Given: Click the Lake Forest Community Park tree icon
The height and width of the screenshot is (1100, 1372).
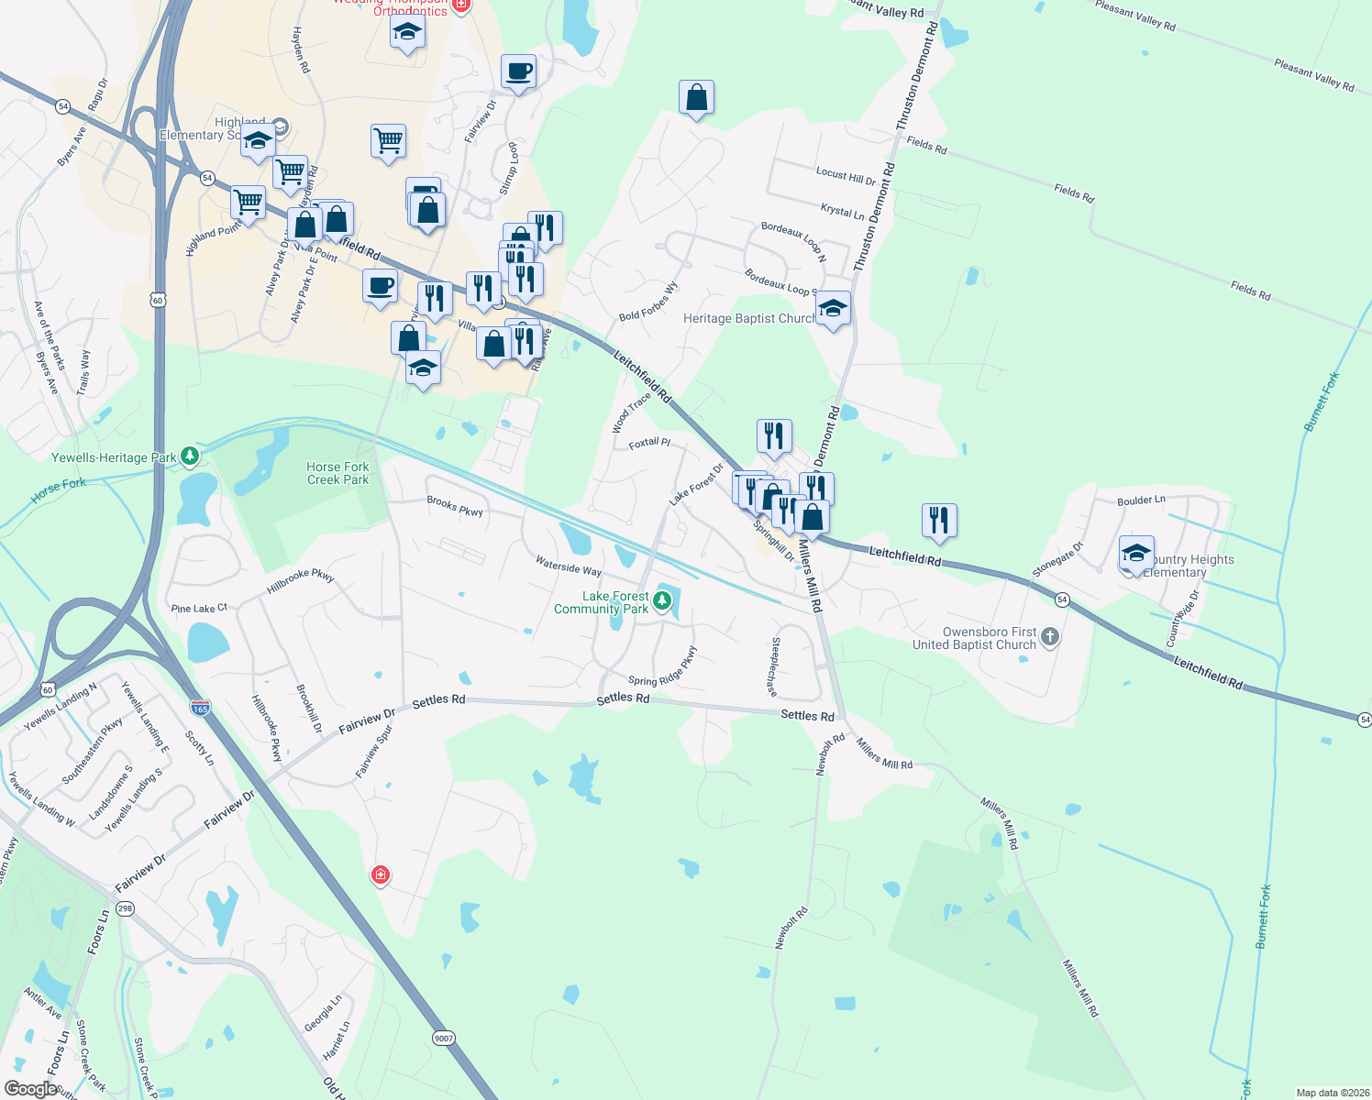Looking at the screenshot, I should [662, 601].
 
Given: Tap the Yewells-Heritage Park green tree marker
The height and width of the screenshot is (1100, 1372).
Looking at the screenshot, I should [190, 456].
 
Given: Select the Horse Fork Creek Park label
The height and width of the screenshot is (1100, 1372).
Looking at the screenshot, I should [337, 473].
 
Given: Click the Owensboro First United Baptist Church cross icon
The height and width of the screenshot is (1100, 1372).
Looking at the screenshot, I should [1050, 637].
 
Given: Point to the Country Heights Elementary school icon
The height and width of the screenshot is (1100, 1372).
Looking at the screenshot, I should [1136, 554].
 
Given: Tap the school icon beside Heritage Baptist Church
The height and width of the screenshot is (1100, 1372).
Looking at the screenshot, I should [833, 309].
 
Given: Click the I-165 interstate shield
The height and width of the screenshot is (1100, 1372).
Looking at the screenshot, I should [200, 708].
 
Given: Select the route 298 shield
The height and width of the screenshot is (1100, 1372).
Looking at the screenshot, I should [126, 908].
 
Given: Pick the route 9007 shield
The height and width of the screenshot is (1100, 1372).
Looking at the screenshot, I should [444, 1038].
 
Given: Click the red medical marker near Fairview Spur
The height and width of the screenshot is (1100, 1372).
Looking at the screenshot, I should [381, 875].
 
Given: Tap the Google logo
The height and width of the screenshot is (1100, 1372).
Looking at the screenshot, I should [31, 1089].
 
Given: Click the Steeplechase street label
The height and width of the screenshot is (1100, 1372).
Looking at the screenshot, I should [775, 666].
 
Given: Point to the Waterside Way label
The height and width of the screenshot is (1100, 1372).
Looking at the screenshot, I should [569, 567].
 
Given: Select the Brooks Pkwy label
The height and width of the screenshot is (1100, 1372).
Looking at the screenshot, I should [455, 506].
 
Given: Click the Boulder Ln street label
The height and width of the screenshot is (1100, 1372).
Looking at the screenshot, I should [1141, 500].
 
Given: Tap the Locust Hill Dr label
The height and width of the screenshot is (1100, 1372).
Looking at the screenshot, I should [846, 175].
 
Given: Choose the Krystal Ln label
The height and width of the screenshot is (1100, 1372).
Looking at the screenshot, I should [842, 212].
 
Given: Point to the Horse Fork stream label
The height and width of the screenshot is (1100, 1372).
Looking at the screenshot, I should [59, 490].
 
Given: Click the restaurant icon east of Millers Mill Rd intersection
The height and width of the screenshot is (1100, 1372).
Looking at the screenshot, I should [939, 521].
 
